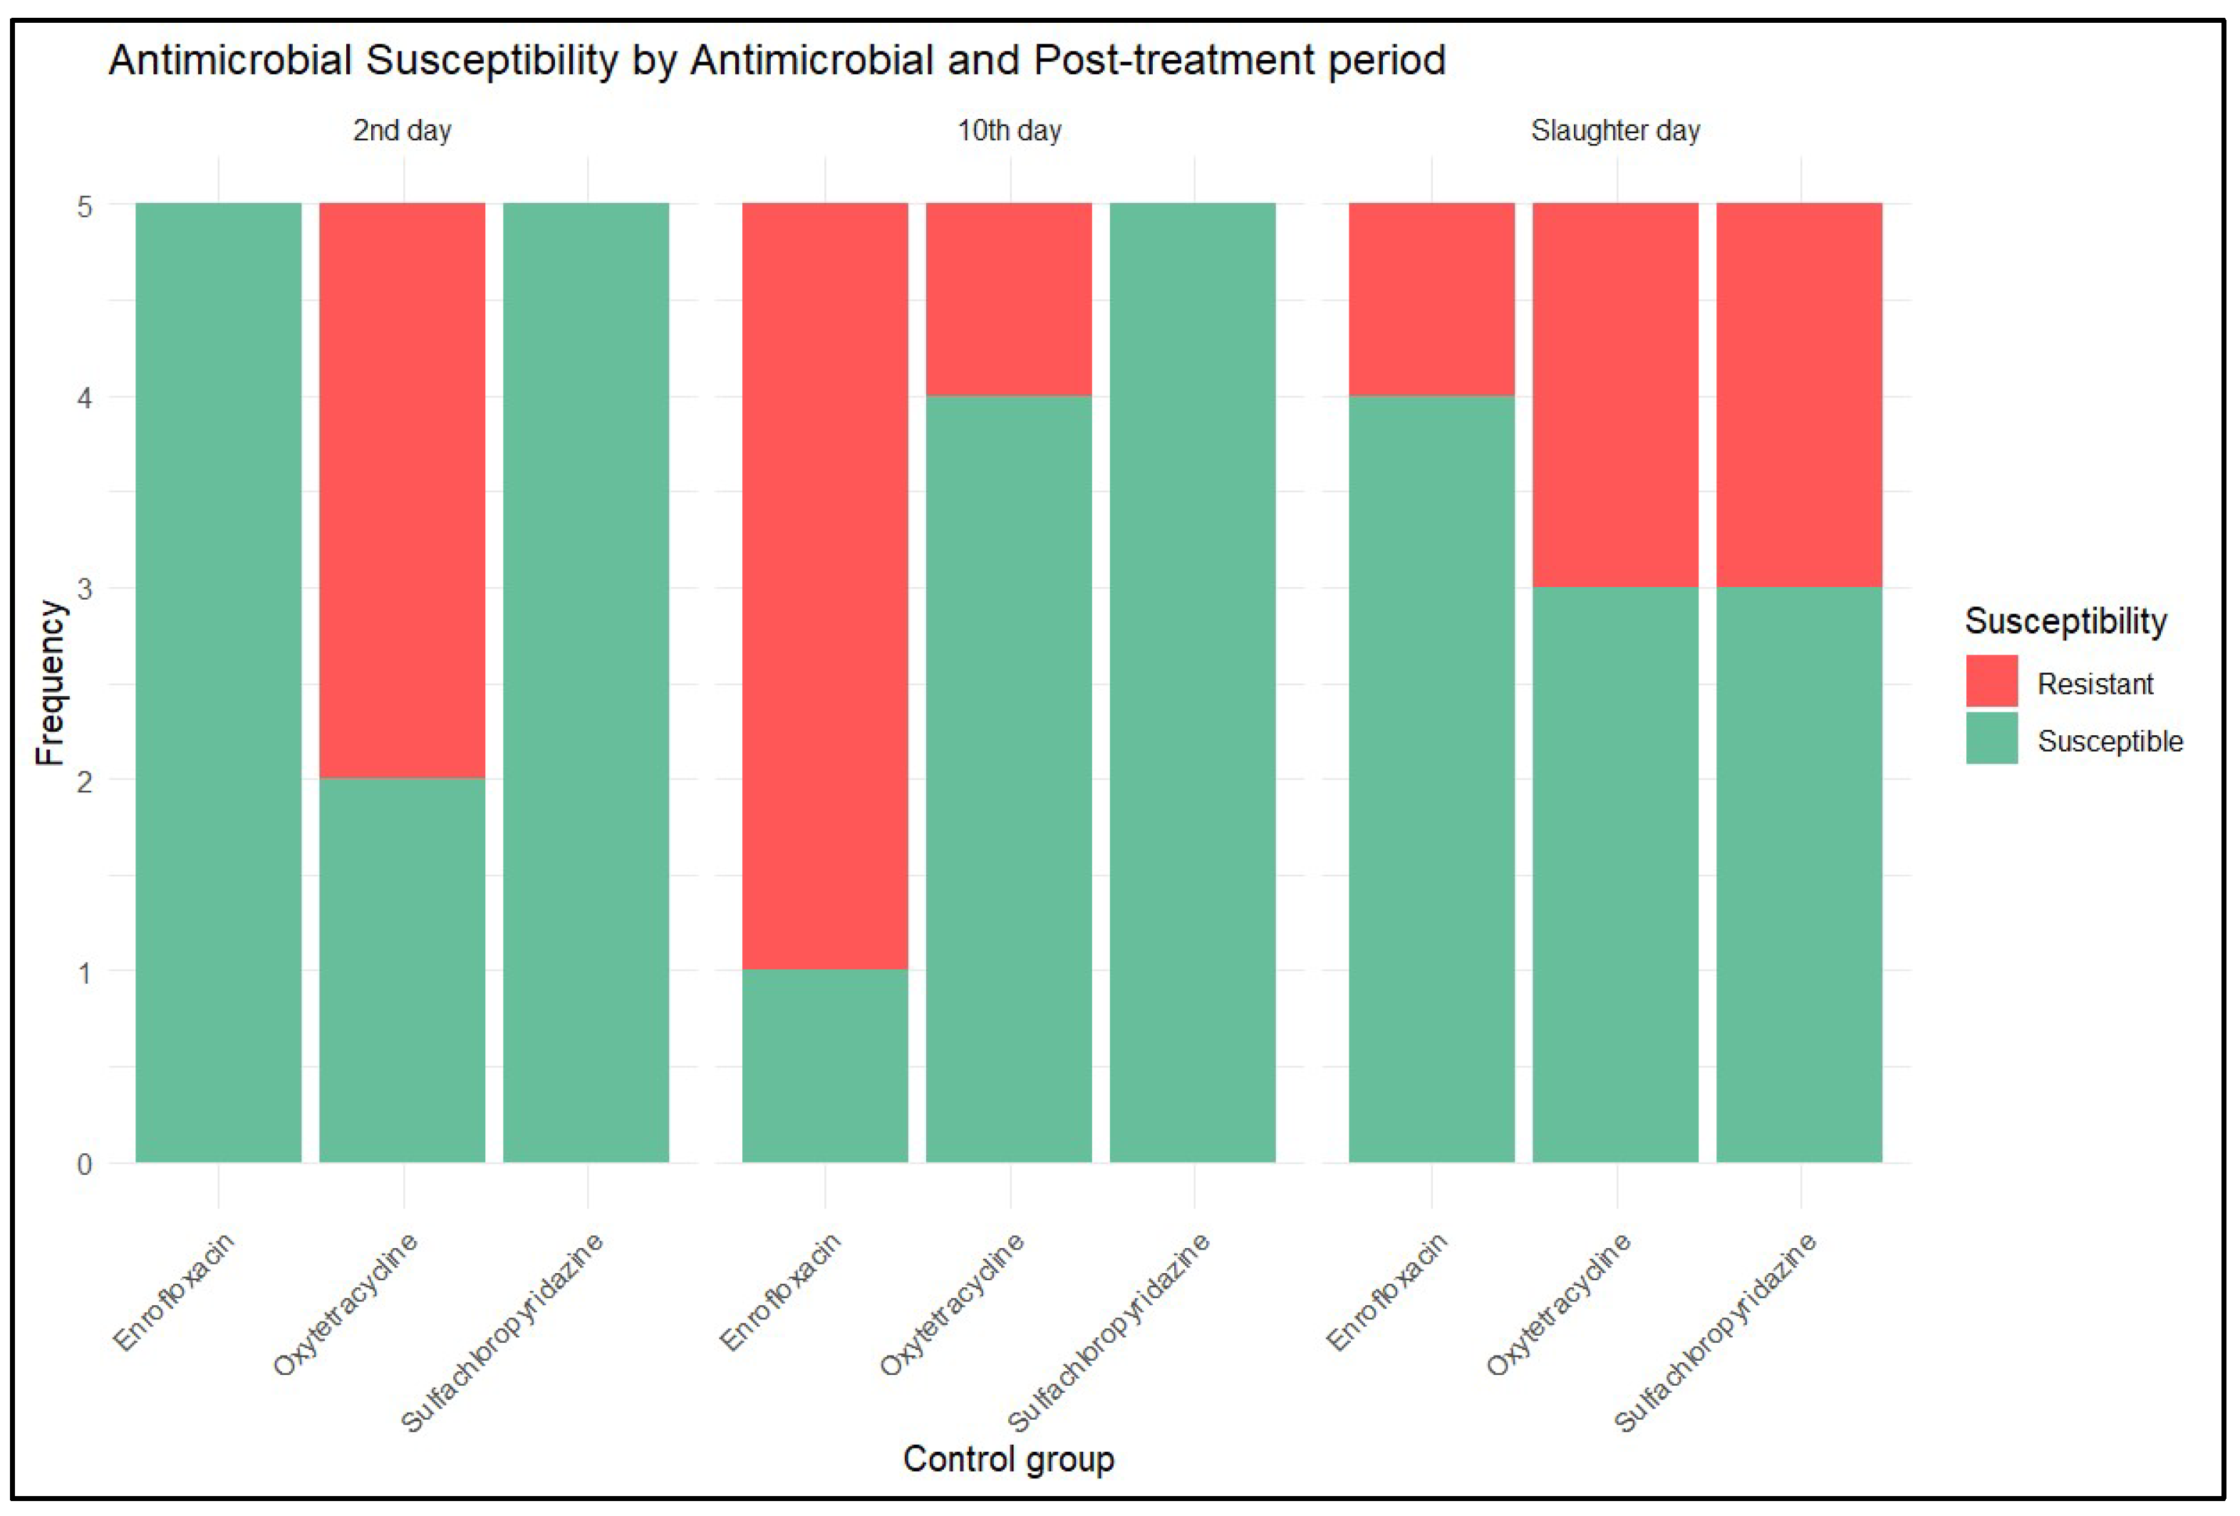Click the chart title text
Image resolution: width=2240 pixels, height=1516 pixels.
click(x=776, y=60)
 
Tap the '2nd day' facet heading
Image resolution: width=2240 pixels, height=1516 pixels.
click(x=402, y=130)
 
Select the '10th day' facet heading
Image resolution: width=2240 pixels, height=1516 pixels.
click(x=1008, y=130)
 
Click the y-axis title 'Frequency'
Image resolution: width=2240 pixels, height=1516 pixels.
click(x=49, y=682)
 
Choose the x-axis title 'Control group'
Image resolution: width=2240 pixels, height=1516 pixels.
click(x=1008, y=1458)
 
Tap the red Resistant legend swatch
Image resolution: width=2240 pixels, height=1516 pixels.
click(x=1991, y=680)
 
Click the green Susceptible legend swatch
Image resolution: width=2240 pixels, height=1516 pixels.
click(x=1991, y=738)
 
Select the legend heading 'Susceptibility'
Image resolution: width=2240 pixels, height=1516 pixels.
click(x=2065, y=621)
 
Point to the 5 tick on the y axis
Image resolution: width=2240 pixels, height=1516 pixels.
click(x=85, y=207)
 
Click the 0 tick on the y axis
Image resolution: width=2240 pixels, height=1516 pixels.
click(x=85, y=1164)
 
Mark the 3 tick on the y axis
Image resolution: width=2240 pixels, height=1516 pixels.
click(x=85, y=589)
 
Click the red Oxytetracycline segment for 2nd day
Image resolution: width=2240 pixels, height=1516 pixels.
click(x=402, y=489)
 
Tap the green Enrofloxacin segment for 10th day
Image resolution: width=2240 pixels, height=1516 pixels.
click(x=824, y=1065)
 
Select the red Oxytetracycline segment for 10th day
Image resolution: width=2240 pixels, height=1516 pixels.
click(x=1008, y=298)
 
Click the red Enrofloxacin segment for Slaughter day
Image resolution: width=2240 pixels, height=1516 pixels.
click(x=1431, y=298)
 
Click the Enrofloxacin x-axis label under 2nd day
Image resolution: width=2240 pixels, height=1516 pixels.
click(x=175, y=1292)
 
